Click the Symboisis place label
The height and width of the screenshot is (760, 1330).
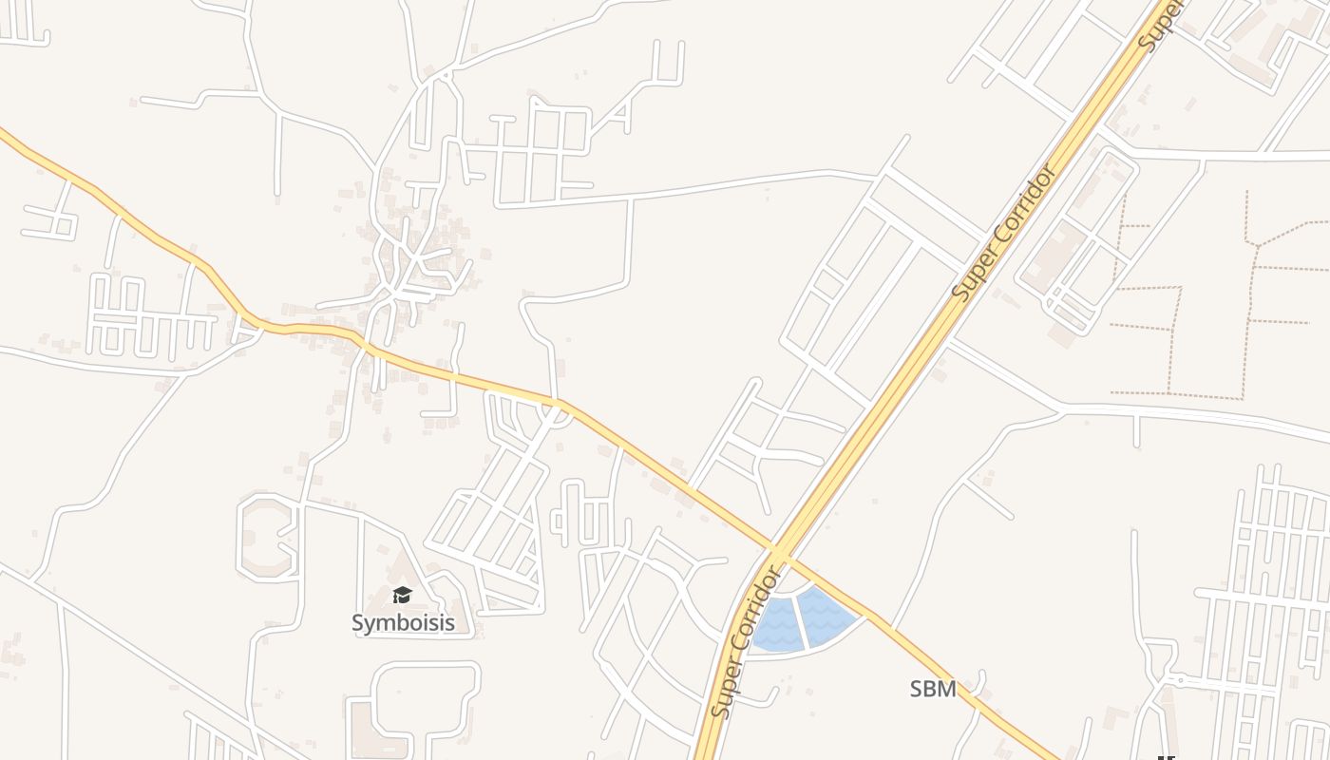point(403,623)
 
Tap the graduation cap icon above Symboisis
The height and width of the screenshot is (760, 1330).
point(403,596)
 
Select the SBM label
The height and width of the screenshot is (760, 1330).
point(933,690)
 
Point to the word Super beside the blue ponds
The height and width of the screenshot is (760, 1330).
point(725,689)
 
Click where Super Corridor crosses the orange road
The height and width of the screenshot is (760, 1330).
point(779,552)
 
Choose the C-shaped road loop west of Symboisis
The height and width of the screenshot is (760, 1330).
point(261,537)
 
